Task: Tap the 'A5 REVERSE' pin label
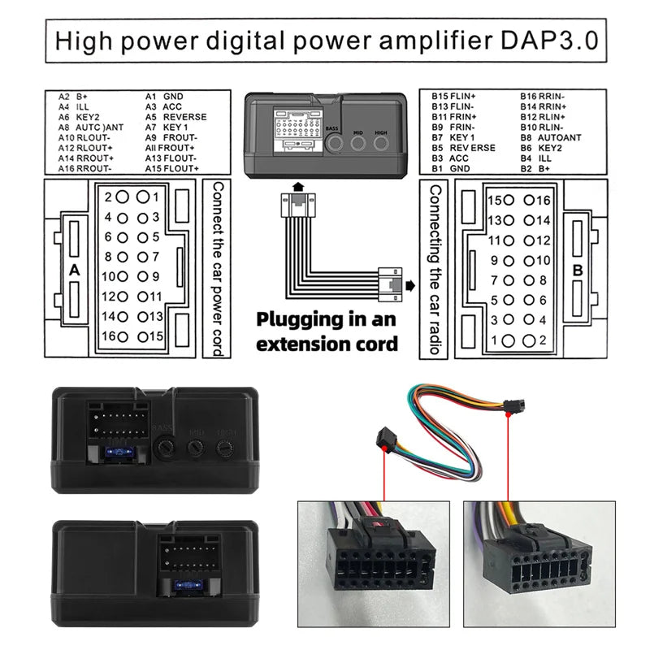(175, 117)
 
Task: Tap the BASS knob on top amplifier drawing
(333, 144)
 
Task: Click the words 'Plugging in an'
(327, 320)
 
